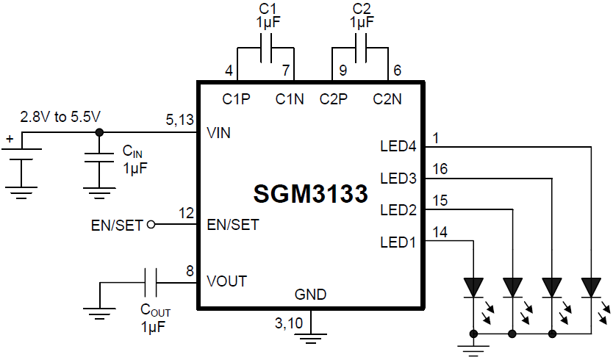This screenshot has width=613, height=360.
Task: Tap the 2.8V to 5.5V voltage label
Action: click(60, 117)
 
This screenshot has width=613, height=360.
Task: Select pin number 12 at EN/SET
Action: click(186, 214)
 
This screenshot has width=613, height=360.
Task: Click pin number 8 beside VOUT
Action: click(190, 271)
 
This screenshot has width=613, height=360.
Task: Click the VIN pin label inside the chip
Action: click(220, 133)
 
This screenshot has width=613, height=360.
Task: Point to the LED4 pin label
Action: click(398, 146)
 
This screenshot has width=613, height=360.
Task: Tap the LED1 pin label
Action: click(398, 241)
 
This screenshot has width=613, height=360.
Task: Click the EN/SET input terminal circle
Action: click(151, 224)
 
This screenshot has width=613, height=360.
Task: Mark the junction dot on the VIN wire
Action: click(98, 133)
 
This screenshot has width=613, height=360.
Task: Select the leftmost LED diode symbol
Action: click(473, 285)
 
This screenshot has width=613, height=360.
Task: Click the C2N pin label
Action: click(387, 99)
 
